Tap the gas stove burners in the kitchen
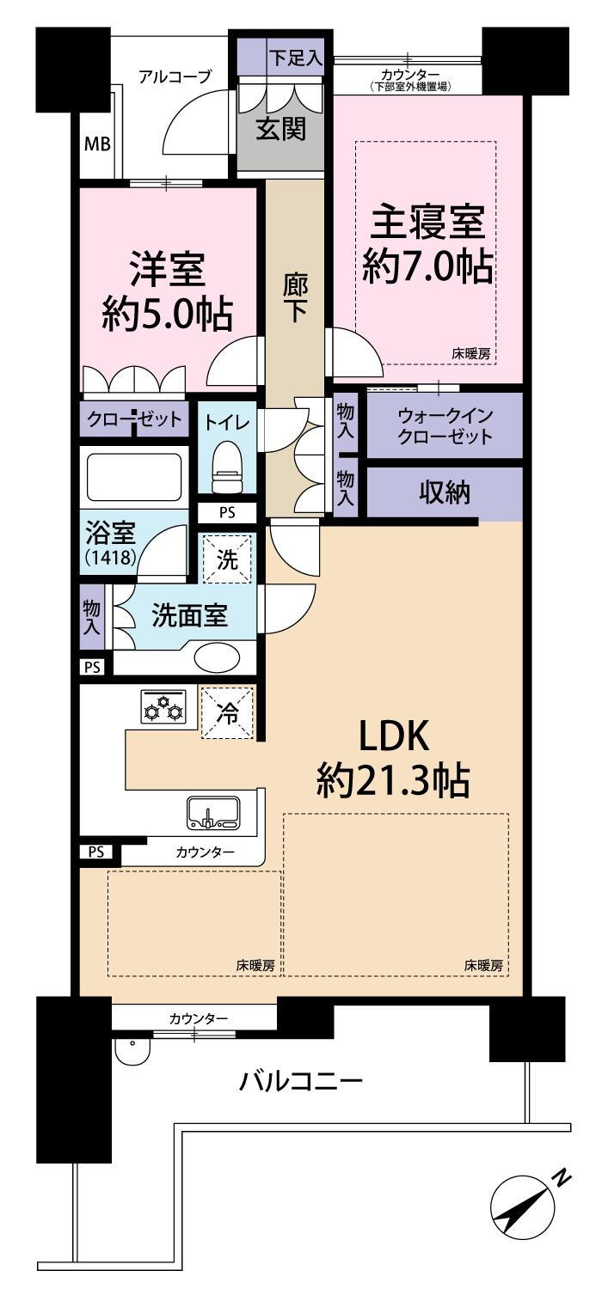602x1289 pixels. click(164, 706)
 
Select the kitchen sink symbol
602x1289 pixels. click(213, 813)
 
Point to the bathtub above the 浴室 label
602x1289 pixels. click(135, 477)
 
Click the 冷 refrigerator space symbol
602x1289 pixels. click(227, 712)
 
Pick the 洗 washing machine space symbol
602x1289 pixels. click(227, 559)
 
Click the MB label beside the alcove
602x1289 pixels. click(97, 144)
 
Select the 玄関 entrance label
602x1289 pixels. click(281, 129)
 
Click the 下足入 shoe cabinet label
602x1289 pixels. click(295, 58)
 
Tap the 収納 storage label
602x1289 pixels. click(445, 492)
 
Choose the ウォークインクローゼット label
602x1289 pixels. click(445, 426)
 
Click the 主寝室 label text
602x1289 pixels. click(428, 223)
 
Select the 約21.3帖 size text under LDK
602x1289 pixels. click(393, 780)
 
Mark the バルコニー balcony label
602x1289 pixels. click(301, 1081)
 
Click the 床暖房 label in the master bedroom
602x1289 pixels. click(471, 354)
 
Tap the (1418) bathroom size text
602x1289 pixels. click(111, 557)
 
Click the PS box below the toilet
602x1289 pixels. click(227, 512)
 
